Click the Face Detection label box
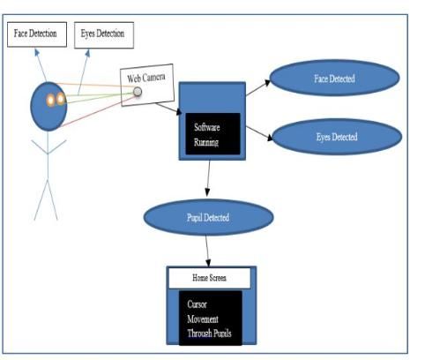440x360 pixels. (x=37, y=34)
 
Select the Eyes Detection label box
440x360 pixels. (x=104, y=35)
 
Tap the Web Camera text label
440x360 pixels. (x=146, y=78)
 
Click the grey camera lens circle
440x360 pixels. (x=138, y=92)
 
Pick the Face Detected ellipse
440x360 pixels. (x=334, y=78)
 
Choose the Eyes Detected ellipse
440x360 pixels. (x=337, y=137)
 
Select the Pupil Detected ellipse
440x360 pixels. (x=208, y=217)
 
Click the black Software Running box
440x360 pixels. (x=213, y=134)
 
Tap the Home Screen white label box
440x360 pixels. (x=210, y=278)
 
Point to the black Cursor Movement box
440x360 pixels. (x=211, y=318)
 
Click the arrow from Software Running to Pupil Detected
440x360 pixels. (x=208, y=178)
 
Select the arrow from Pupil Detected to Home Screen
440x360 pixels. (x=207, y=251)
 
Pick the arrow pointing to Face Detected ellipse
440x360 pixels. (x=258, y=87)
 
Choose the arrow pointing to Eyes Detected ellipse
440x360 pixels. (x=259, y=133)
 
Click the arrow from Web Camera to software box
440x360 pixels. (x=168, y=109)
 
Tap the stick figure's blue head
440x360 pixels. (x=48, y=106)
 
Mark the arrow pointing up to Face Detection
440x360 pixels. (x=41, y=64)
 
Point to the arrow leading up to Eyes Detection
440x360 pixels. (x=84, y=72)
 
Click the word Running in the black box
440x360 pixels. (x=206, y=143)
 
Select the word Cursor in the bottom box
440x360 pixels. (x=197, y=304)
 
